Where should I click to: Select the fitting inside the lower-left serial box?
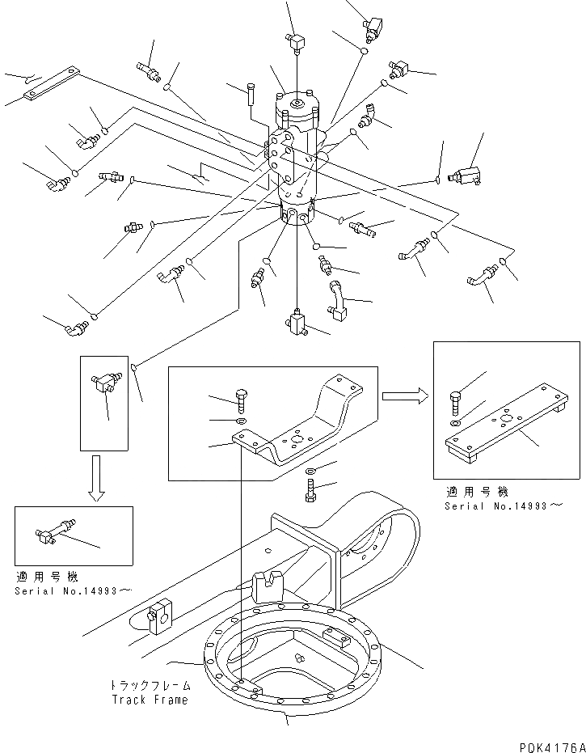pos(56,531)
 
